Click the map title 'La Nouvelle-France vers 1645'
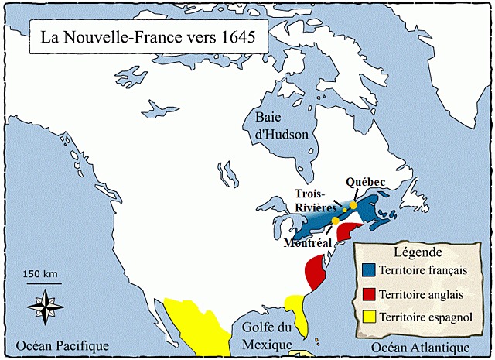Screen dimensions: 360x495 (144, 36)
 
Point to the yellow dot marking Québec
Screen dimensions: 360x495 (353, 205)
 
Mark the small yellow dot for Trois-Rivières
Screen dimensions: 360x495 (344, 211)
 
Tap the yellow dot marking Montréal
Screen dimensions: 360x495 (334, 221)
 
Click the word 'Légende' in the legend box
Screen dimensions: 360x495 (417, 253)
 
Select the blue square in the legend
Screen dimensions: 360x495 (369, 270)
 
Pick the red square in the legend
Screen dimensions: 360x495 (369, 294)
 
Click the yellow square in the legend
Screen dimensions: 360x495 (369, 317)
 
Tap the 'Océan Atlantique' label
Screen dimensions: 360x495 (420, 347)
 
